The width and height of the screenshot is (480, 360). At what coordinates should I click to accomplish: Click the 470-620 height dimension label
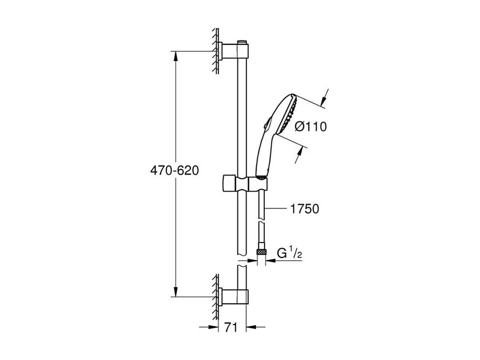(x=174, y=171)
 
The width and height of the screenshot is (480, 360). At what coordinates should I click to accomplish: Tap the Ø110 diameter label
(x=310, y=127)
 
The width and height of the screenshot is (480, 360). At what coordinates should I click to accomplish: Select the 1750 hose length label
(x=305, y=209)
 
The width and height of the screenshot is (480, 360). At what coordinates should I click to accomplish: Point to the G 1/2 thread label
(x=290, y=253)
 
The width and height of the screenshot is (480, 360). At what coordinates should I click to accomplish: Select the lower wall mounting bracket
(x=234, y=296)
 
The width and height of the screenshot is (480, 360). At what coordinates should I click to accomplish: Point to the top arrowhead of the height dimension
(x=175, y=55)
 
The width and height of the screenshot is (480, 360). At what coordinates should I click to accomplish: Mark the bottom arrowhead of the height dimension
(x=175, y=292)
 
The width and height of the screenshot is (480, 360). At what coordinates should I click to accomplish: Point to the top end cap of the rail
(x=242, y=41)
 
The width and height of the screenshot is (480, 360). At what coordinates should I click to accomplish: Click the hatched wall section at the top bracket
(x=214, y=51)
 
